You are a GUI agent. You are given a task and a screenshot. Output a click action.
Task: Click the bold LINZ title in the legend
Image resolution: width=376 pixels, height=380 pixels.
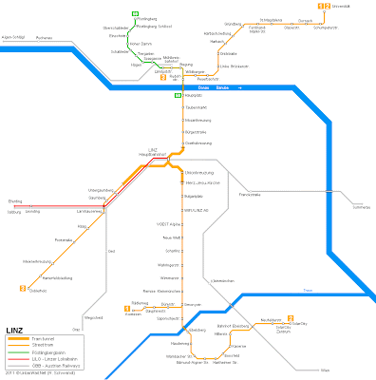click(x=13, y=332)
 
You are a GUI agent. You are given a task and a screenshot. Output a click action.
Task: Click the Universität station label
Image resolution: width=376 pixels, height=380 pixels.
click(x=341, y=7)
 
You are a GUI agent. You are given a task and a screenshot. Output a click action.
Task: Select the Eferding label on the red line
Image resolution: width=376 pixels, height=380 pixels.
click(x=14, y=202)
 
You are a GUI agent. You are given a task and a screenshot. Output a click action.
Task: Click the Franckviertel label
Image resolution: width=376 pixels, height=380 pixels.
click(x=253, y=194)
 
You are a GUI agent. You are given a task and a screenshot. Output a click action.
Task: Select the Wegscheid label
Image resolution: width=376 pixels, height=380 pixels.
click(x=93, y=318)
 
